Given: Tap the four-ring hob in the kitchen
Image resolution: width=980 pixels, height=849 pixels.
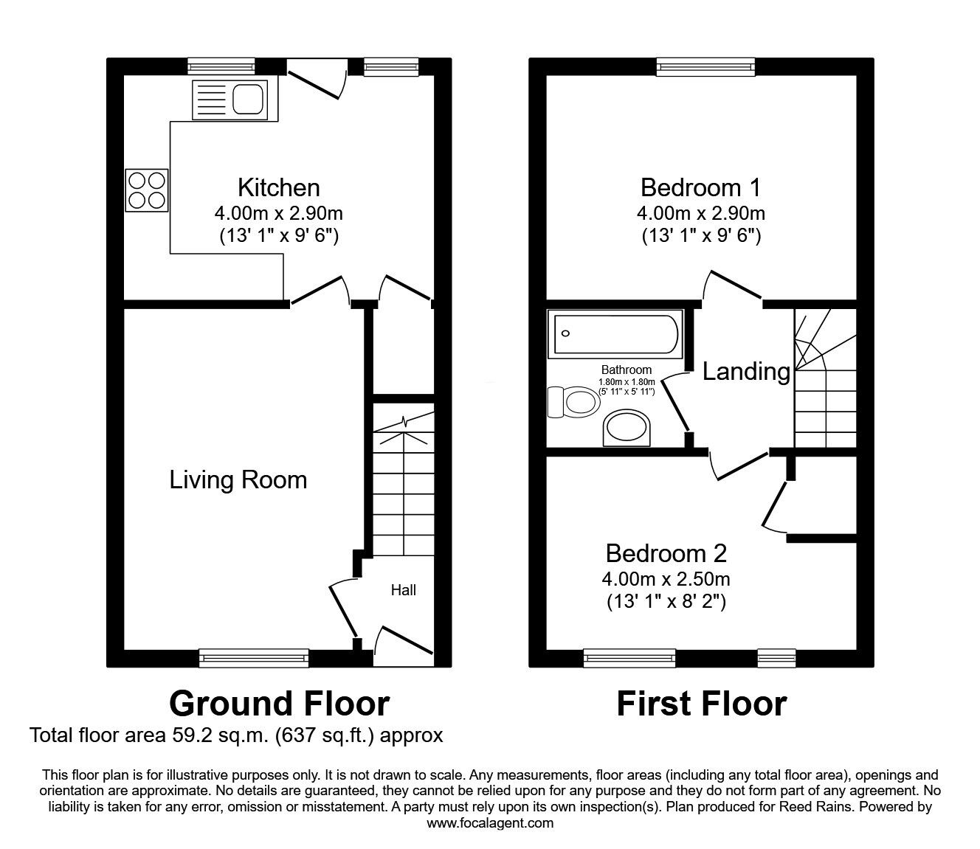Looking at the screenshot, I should click(x=146, y=190).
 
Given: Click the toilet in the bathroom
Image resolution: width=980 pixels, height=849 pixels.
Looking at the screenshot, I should click(x=574, y=402).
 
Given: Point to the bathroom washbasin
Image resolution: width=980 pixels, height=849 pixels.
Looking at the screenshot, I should click(x=627, y=428).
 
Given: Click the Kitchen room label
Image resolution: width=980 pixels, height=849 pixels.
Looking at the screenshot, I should click(x=278, y=187).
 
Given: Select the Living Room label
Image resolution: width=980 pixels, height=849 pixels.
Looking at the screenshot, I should click(x=238, y=480).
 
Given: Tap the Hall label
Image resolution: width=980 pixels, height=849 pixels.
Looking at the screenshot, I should click(x=403, y=590).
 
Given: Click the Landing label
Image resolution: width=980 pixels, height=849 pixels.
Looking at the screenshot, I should click(x=745, y=371).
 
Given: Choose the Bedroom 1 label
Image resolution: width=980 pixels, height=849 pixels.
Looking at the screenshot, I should click(x=700, y=187).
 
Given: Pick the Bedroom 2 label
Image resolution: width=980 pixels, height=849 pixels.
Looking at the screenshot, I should click(x=666, y=553).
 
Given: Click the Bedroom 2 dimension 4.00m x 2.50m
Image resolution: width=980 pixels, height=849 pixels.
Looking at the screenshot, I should click(x=666, y=579).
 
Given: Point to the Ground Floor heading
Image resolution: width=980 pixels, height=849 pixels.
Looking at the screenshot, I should click(x=279, y=704).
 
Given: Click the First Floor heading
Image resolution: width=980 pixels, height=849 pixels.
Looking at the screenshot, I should click(x=701, y=704).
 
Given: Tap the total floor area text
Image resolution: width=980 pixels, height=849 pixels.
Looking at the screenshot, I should click(x=236, y=735).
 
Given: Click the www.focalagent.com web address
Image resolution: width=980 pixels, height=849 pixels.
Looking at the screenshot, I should click(x=490, y=823).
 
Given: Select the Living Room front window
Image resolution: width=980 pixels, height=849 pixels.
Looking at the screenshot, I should click(x=254, y=657).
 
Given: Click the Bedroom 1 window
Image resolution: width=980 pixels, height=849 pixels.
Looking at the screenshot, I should click(x=706, y=67).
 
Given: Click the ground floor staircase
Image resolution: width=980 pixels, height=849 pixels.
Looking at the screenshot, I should click(x=402, y=487).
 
